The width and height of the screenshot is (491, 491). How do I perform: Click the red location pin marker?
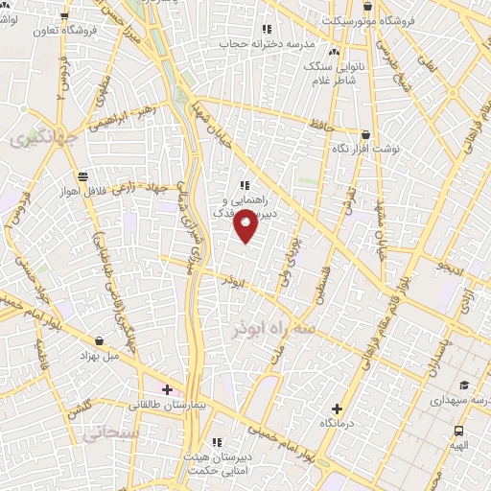tap(246, 225)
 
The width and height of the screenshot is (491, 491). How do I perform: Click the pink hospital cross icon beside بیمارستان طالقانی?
tap(168, 389)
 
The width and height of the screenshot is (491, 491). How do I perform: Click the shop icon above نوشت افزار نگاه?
tap(364, 135)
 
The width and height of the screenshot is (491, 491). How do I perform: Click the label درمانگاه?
tap(338, 422)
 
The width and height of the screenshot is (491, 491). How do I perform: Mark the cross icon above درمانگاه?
tap(336, 409)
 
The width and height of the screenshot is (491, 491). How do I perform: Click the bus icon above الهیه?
tap(459, 431)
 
